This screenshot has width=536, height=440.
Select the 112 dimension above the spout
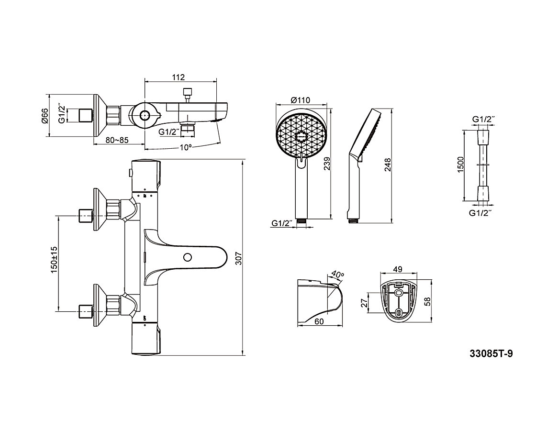point(178,77)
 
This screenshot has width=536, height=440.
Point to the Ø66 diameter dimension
point(45,116)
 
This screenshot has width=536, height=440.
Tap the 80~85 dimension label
point(117,141)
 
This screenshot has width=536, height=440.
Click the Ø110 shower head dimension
point(301,100)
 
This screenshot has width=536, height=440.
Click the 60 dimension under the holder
point(319,321)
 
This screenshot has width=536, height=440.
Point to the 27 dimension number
point(364,302)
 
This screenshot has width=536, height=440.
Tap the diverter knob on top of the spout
point(187,91)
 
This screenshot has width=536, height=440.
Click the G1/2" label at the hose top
point(483,118)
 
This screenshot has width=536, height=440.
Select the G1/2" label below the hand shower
point(282,223)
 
